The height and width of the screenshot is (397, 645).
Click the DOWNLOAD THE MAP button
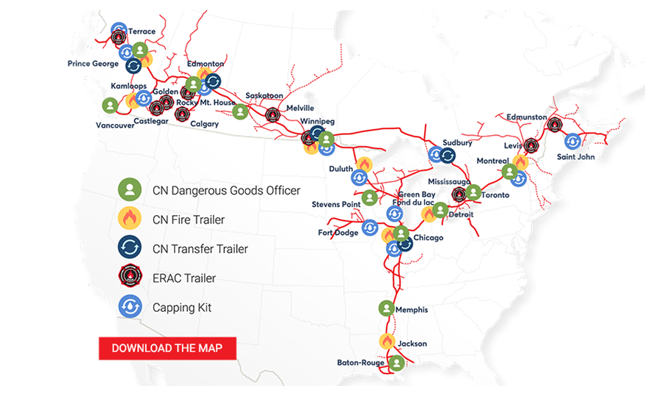click(167, 348)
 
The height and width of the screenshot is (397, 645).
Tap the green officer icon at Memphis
click(386, 309)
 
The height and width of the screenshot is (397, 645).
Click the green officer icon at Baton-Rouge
click(396, 363)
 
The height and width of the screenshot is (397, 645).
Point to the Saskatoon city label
click(264, 95)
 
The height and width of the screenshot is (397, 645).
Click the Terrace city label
click(142, 32)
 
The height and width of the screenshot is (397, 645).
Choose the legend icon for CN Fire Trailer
click(129, 219)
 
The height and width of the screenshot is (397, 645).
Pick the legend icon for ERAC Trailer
click(129, 278)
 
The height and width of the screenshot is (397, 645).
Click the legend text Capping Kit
click(182, 307)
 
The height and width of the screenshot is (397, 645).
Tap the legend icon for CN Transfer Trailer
click(129, 249)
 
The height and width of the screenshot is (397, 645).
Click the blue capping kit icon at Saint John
click(572, 142)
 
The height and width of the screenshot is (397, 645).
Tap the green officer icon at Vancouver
click(110, 106)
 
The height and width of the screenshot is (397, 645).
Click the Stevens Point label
click(335, 204)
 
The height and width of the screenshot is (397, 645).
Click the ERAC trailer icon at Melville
click(273, 114)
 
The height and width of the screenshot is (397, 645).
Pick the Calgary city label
click(204, 124)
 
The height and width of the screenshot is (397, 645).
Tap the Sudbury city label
click(457, 143)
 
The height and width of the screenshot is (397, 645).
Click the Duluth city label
click(340, 169)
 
